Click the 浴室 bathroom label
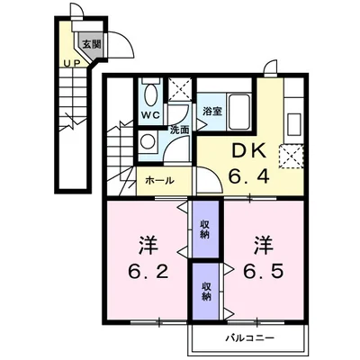tap(211, 112)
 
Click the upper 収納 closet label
tap(205, 230)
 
